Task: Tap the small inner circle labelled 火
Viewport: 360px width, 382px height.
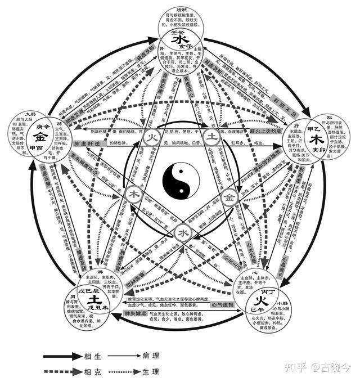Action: (151, 137)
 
